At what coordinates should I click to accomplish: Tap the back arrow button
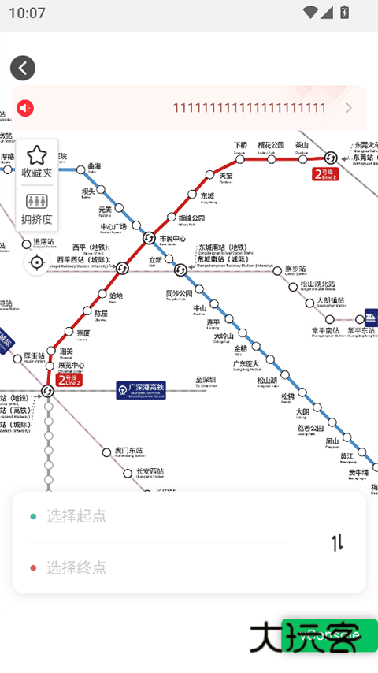click(x=23, y=68)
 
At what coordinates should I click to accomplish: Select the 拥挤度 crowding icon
click(x=36, y=203)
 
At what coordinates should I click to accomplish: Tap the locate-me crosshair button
click(x=37, y=263)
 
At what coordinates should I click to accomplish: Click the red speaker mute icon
click(x=25, y=108)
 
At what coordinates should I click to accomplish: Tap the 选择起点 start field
click(x=76, y=516)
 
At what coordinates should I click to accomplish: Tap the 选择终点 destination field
click(x=76, y=567)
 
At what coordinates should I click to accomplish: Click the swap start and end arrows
click(x=337, y=542)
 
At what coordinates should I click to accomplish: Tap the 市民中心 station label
click(x=172, y=238)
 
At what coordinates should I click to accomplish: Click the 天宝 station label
click(x=226, y=175)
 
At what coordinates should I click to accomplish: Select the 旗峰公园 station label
click(x=191, y=218)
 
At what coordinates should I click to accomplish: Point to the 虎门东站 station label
click(x=129, y=450)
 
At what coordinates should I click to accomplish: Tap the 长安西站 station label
click(x=150, y=471)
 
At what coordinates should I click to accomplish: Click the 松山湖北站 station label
click(x=317, y=284)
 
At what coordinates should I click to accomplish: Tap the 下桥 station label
click(x=241, y=146)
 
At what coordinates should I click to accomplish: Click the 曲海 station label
click(x=94, y=166)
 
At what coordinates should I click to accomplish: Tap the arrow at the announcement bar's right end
click(x=349, y=108)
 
